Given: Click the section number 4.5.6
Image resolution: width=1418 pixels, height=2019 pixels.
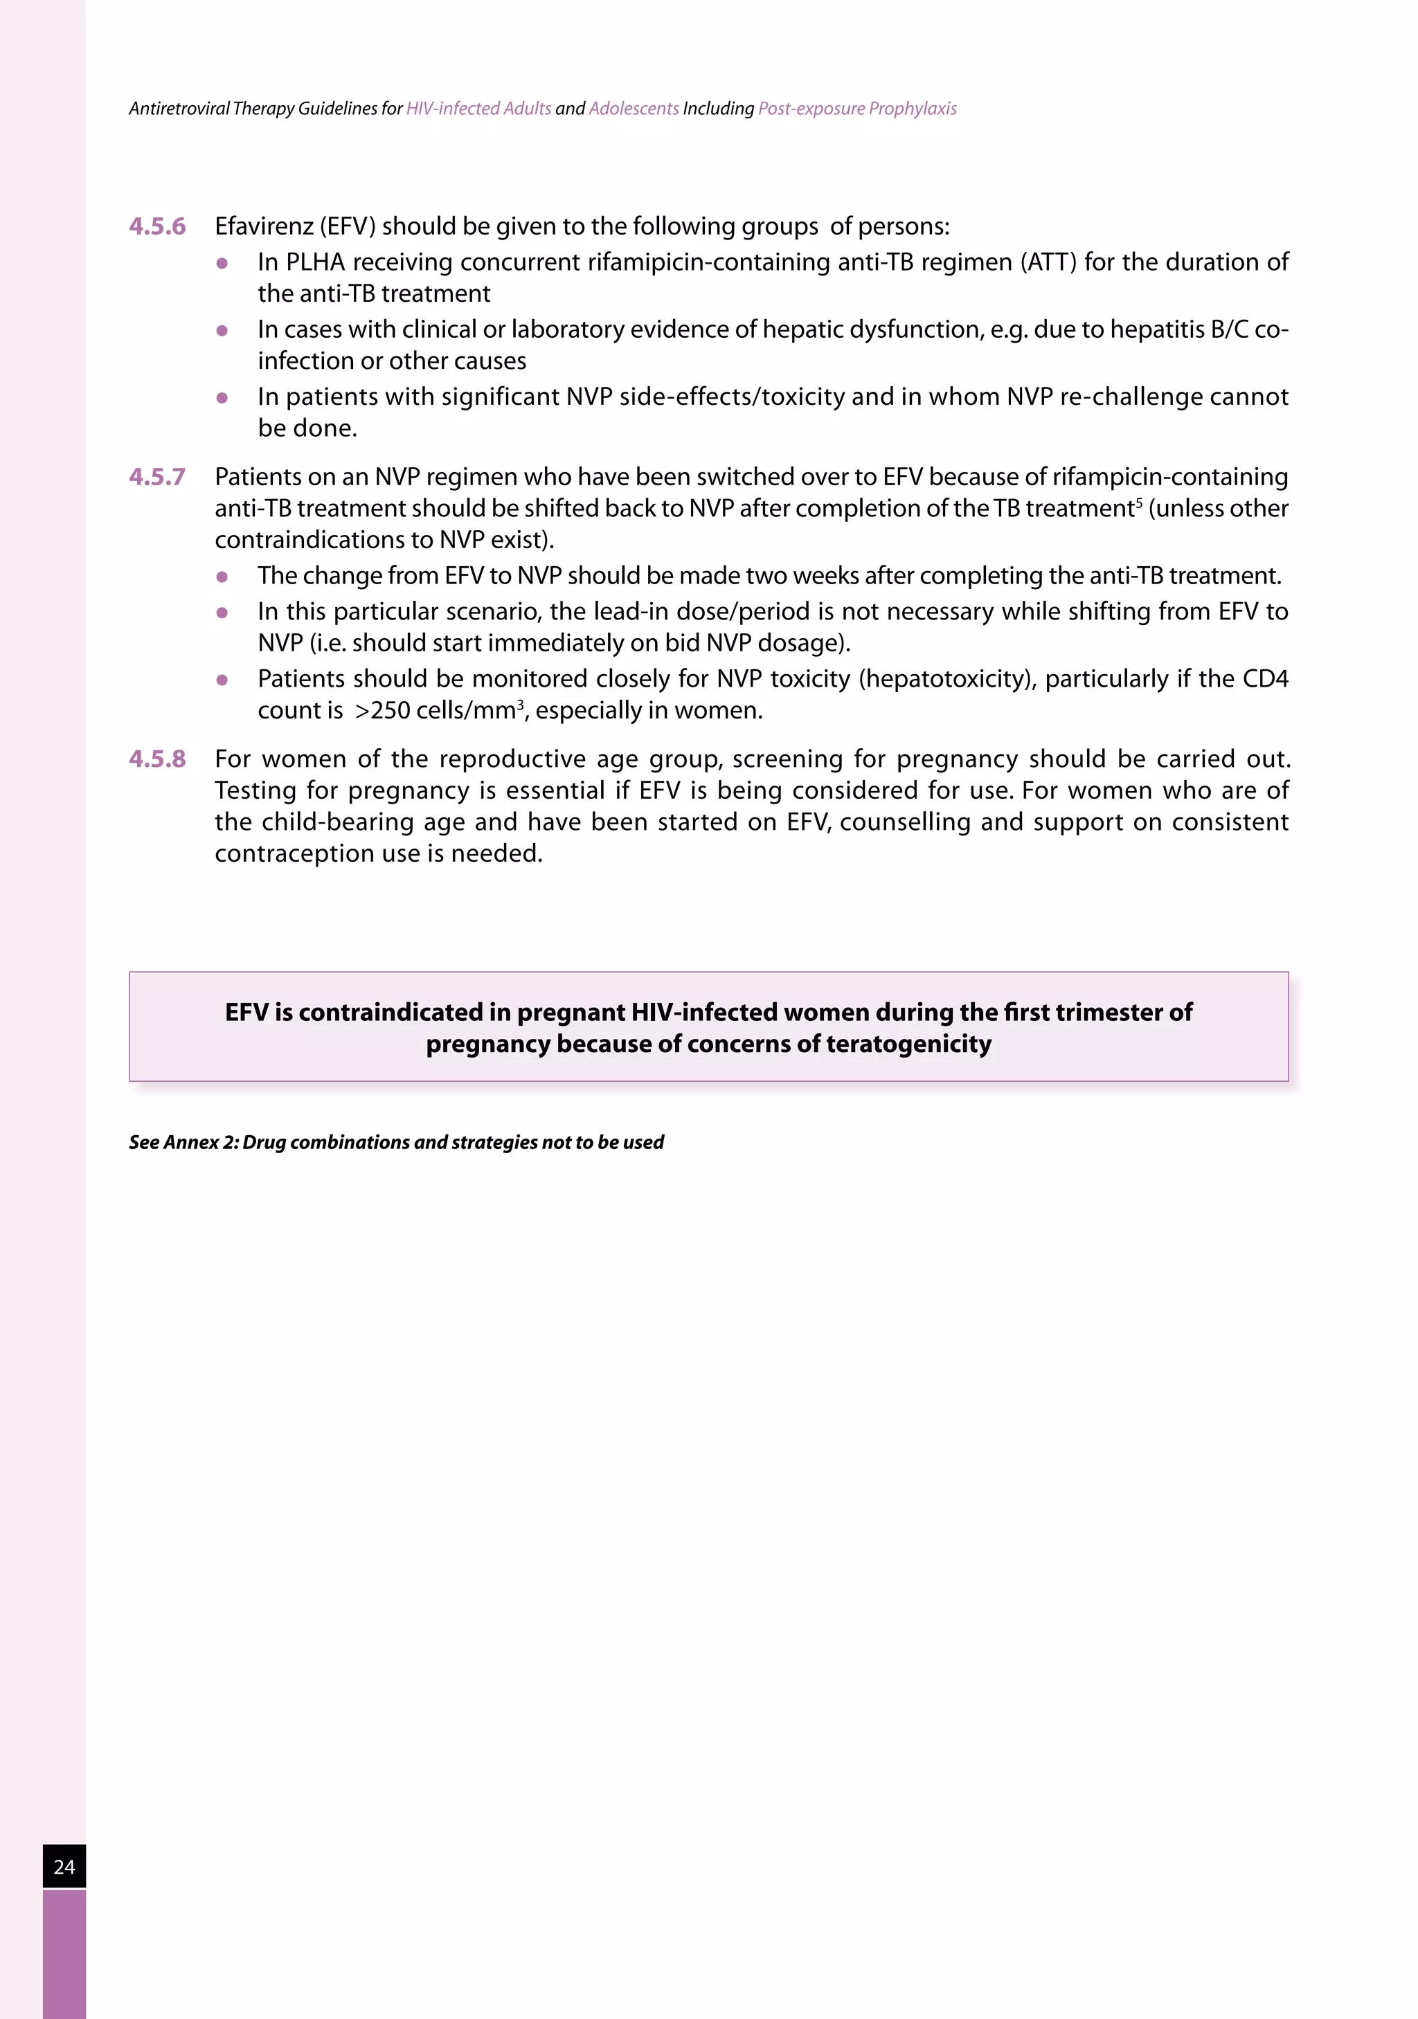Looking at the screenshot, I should pyautogui.click(x=157, y=227).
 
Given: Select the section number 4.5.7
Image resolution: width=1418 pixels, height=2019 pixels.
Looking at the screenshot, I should pyautogui.click(x=157, y=478).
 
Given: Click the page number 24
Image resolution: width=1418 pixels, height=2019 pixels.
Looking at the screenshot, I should pyautogui.click(x=64, y=1866).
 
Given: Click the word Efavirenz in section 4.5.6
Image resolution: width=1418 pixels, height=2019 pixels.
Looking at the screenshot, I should pyautogui.click(x=264, y=227).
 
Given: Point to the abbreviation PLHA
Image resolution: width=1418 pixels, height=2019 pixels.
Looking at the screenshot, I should pyautogui.click(x=315, y=263).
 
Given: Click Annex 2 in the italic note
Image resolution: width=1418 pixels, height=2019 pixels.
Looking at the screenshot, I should pyautogui.click(x=201, y=1142).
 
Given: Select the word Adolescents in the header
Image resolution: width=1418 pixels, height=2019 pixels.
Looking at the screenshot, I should pyautogui.click(x=634, y=109).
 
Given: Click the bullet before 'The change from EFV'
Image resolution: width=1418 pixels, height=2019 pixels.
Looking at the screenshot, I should pyautogui.click(x=222, y=577).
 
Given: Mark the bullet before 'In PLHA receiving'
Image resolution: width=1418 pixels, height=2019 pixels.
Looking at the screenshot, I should pyautogui.click(x=222, y=263).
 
